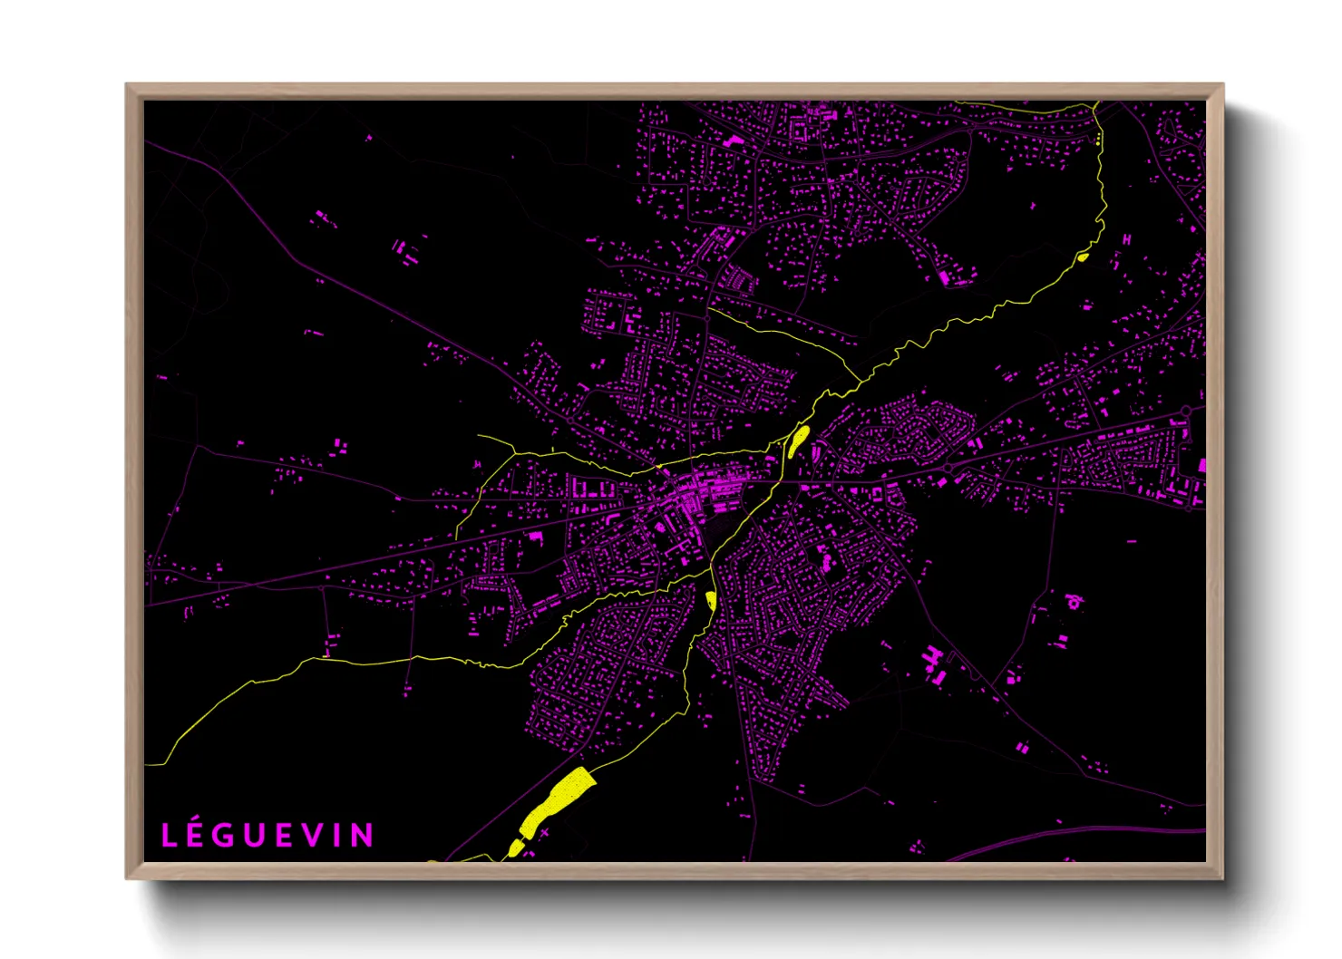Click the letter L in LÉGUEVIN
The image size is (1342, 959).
pos(170,836)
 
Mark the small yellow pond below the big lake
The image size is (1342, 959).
pos(515,848)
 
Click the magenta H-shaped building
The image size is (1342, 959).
pos(1127,239)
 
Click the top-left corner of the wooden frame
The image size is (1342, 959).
pos(127,84)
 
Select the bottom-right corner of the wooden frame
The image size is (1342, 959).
pos(1222,877)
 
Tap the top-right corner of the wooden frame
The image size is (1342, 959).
pos(1222,84)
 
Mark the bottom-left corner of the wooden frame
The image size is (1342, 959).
pos(127,877)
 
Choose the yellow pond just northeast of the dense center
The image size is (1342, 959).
pos(798,441)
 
